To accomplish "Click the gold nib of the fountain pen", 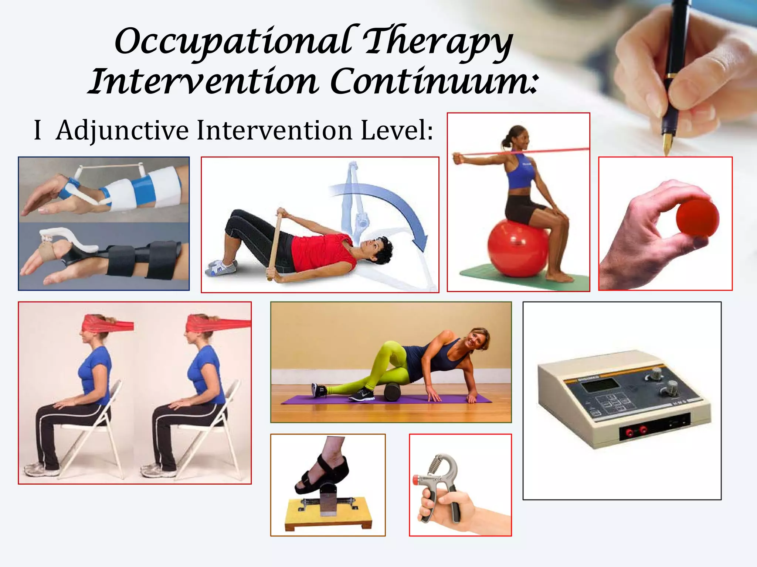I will pyautogui.click(x=667, y=144).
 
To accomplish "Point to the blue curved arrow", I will pyautogui.click(x=399, y=207).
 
